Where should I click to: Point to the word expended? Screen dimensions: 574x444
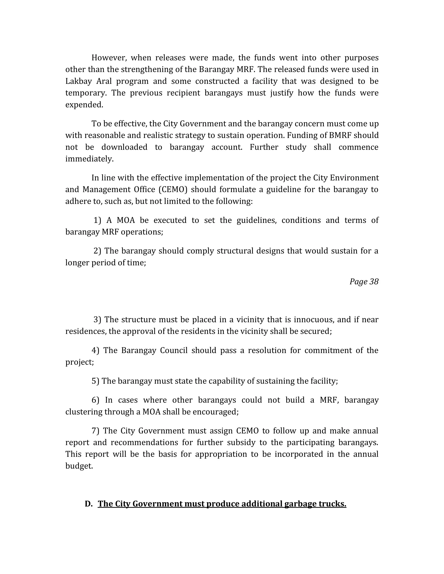(84, 105)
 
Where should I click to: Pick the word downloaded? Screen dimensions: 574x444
(124, 147)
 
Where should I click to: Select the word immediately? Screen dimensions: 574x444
(90, 159)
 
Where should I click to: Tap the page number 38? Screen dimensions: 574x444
(374, 282)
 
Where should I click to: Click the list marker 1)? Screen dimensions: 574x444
(97, 220)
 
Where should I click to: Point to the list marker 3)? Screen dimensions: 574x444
(97, 319)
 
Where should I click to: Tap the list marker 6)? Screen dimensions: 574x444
(95, 400)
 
